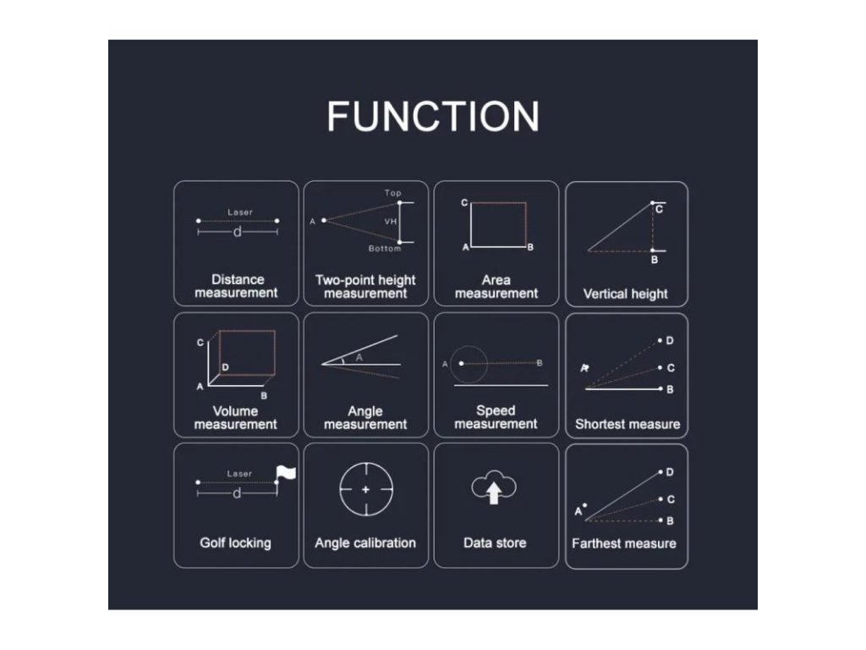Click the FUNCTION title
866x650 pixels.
(433, 116)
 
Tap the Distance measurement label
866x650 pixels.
(236, 286)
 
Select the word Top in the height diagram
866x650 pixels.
(393, 193)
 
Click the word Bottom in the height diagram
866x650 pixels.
(385, 249)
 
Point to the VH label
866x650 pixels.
(391, 221)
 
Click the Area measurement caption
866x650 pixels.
(496, 286)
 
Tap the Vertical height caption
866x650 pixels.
(626, 294)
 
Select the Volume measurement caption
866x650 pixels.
(236, 417)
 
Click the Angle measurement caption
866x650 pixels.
(365, 417)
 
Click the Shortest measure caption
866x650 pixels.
(627, 424)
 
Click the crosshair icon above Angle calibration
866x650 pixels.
(365, 490)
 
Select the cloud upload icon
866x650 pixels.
(494, 488)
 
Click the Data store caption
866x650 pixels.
(495, 543)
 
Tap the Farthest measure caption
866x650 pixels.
(624, 543)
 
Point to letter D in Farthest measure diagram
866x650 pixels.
(670, 471)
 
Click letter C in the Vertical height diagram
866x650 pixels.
(659, 209)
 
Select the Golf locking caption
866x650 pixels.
(235, 543)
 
